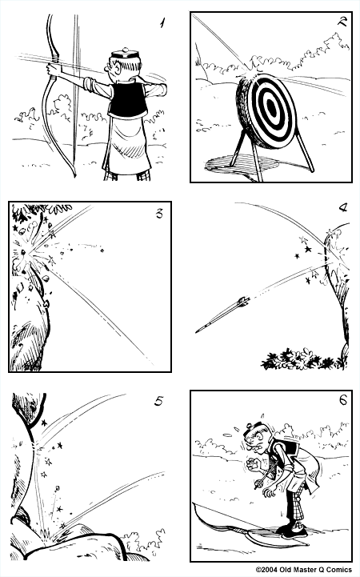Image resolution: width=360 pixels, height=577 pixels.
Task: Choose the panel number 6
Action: (342, 400)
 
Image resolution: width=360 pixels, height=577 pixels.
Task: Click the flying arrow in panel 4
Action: (224, 313)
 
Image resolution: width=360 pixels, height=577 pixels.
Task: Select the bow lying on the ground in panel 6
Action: (240, 524)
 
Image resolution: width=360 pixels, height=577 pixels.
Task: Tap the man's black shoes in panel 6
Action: (292, 534)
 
